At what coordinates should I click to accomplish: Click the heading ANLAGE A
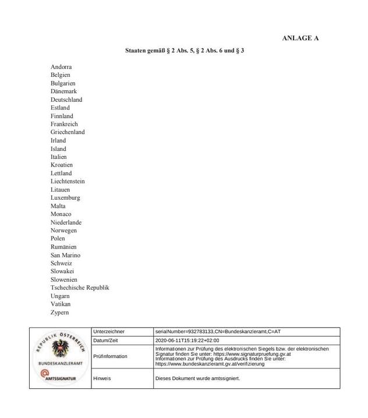tap(300, 38)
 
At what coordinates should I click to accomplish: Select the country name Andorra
tap(61, 67)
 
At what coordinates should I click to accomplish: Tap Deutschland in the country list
tap(66, 100)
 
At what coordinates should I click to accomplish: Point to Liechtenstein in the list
tap(68, 181)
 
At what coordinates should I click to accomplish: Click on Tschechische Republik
tap(80, 288)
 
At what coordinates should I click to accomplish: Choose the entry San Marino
tap(65, 255)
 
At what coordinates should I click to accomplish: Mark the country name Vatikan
tap(61, 304)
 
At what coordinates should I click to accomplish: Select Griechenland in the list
tap(68, 132)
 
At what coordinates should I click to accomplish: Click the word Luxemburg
tap(65, 197)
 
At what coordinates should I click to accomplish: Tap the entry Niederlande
tap(66, 222)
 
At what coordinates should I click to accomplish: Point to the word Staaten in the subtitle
tap(136, 51)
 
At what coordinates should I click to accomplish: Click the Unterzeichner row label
tap(109, 331)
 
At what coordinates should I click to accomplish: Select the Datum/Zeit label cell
tap(106, 341)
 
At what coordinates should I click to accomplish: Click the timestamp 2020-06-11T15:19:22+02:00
tap(187, 341)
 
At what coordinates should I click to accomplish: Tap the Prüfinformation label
tap(111, 356)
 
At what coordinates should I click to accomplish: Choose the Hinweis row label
tap(102, 378)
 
